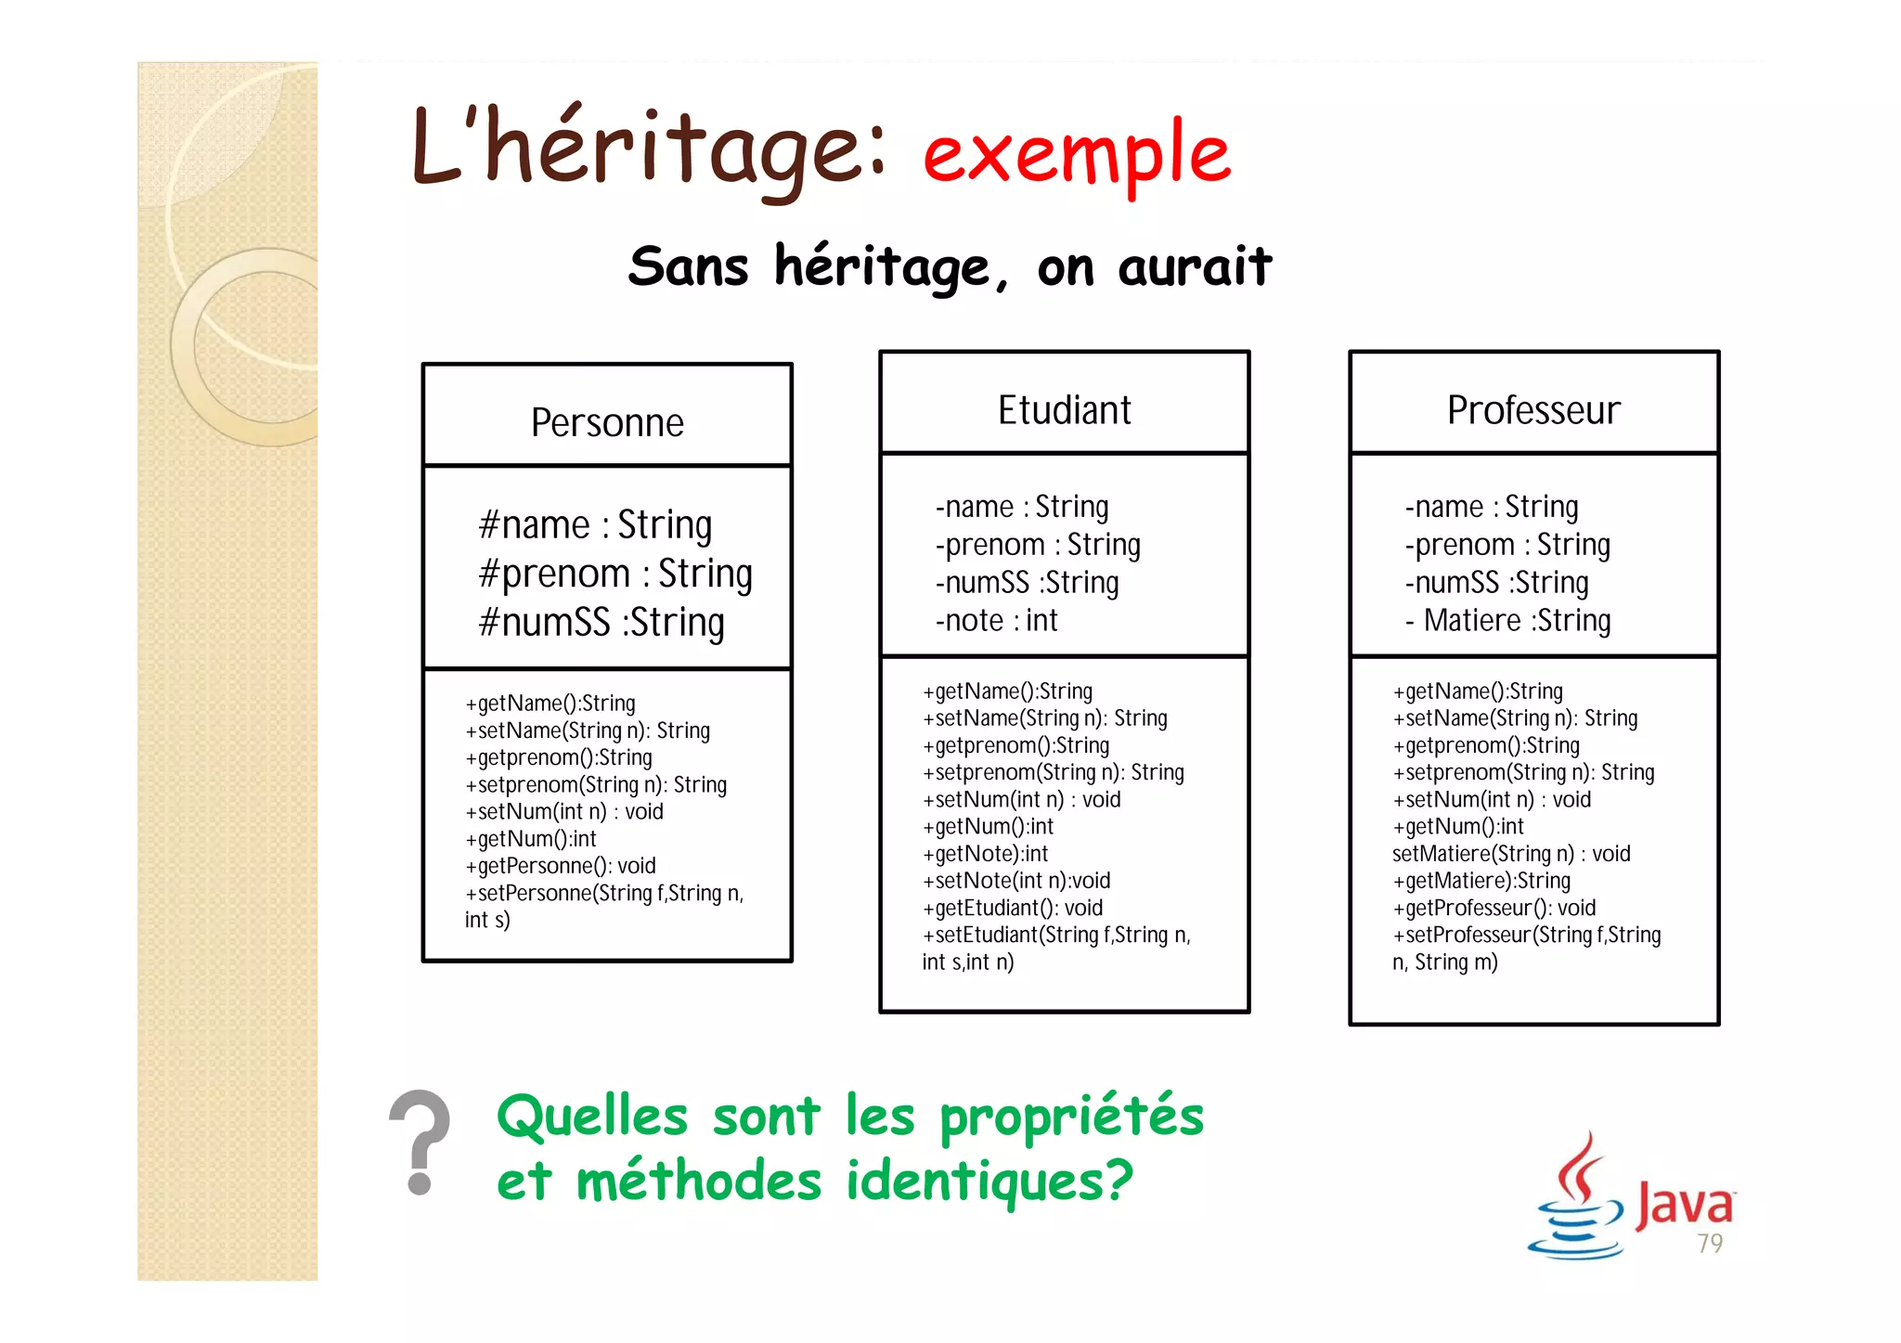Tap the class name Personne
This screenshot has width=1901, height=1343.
coord(607,423)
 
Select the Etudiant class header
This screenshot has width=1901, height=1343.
coord(1064,410)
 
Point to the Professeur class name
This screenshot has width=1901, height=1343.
coord(1533,410)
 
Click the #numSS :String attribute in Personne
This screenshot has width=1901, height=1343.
coord(601,623)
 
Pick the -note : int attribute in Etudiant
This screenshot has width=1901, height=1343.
coord(996,620)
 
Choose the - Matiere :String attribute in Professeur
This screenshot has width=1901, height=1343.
coord(1508,620)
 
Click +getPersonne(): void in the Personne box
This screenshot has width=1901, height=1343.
coord(561,866)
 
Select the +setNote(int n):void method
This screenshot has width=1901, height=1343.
coord(1016,881)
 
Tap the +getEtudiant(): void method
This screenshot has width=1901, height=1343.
coord(1013,908)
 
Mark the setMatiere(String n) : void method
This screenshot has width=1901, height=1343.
coord(1511,854)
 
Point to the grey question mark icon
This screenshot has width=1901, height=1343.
coord(420,1142)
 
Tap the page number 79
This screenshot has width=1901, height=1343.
coord(1710,1244)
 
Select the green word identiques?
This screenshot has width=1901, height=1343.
coord(989,1182)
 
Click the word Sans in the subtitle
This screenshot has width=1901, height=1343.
coord(688,267)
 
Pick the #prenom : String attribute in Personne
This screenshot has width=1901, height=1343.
coord(614,574)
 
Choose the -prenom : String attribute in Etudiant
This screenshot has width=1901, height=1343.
coord(1038,545)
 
